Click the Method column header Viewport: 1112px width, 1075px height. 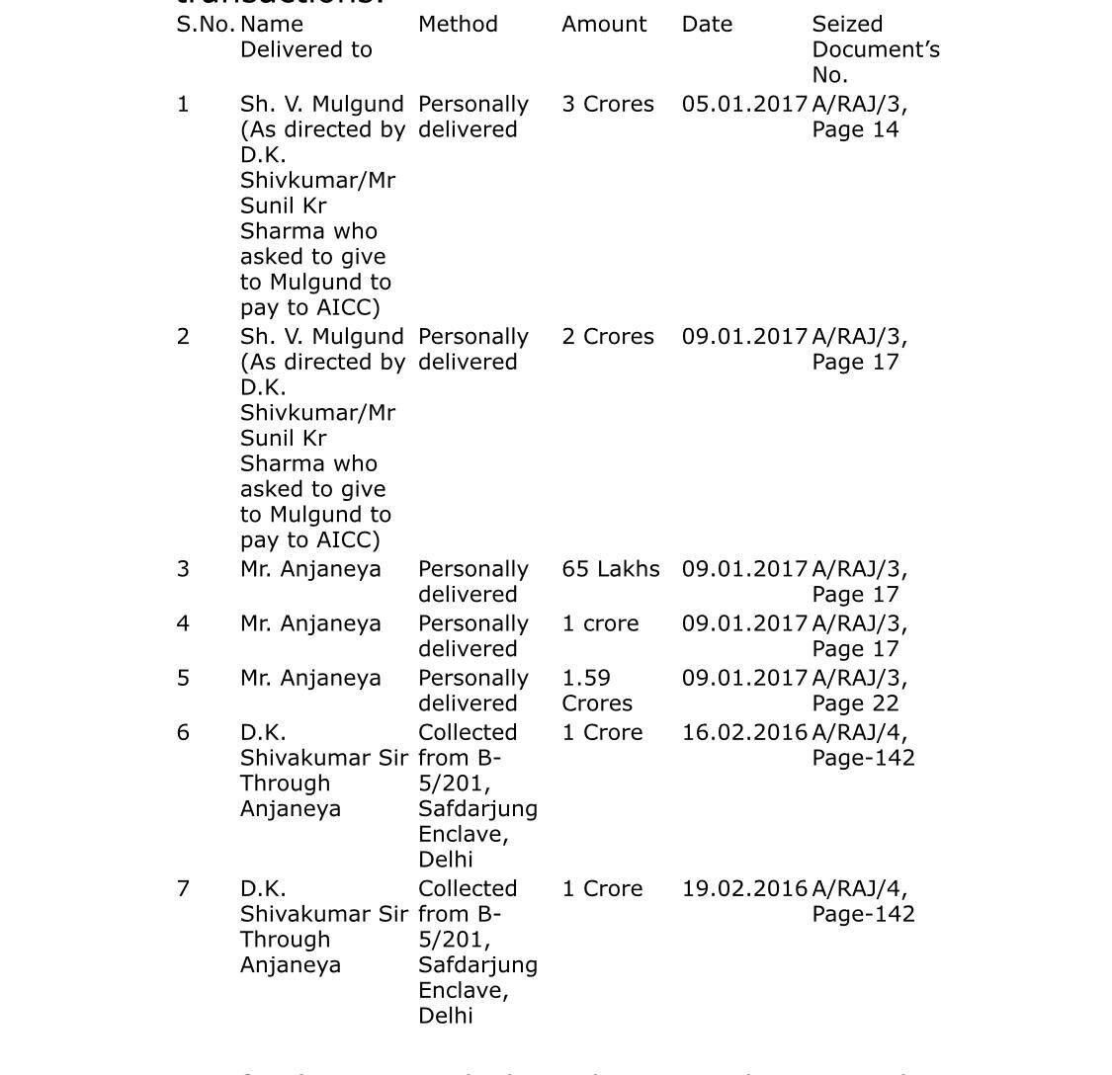pyautogui.click(x=458, y=25)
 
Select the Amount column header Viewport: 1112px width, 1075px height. pyautogui.click(x=604, y=25)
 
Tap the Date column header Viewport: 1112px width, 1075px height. pyautogui.click(x=707, y=25)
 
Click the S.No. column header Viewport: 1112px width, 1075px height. pyautogui.click(x=205, y=25)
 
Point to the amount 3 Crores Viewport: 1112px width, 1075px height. pyautogui.click(x=608, y=105)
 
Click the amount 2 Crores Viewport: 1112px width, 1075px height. pyautogui.click(x=608, y=337)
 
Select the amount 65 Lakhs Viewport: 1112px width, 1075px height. pyautogui.click(x=611, y=570)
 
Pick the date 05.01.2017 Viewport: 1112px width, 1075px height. pyautogui.click(x=744, y=105)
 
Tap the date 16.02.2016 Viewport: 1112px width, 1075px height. pyautogui.click(x=744, y=733)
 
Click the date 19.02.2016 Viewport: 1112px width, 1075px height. pyautogui.click(x=744, y=889)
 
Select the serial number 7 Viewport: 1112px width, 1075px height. pyautogui.click(x=183, y=889)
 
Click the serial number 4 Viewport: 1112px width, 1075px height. pyautogui.click(x=183, y=624)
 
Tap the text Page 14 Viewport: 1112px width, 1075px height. pyautogui.click(x=855, y=130)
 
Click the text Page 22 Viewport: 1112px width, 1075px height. pyautogui.click(x=855, y=703)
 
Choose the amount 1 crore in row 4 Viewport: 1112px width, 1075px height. pyautogui.click(x=600, y=624)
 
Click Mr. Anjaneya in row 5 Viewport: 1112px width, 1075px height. pyautogui.click(x=310, y=679)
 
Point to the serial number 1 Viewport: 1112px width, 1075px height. pyautogui.click(x=183, y=105)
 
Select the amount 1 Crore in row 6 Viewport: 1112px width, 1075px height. pyautogui.click(x=602, y=733)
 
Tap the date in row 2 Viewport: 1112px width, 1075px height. pyautogui.click(x=744, y=337)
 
